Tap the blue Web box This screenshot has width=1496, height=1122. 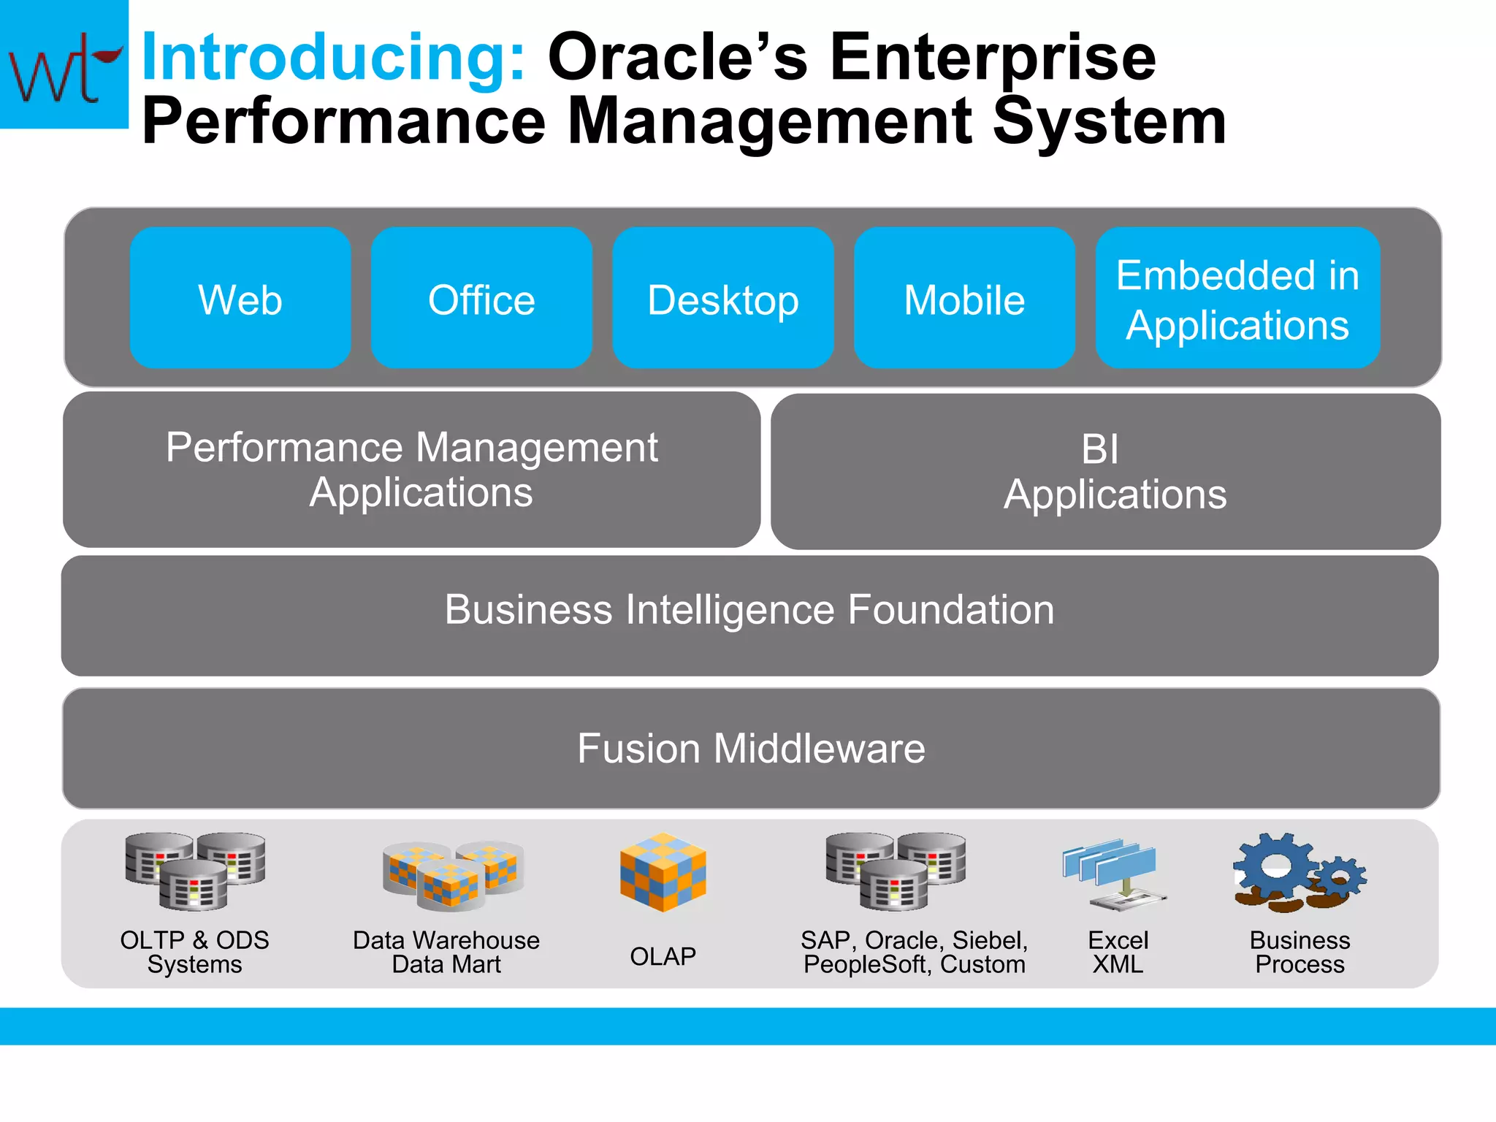(x=240, y=298)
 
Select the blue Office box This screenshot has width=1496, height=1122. (x=481, y=298)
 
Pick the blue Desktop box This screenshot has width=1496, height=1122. (x=723, y=298)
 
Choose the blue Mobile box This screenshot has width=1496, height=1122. (x=964, y=298)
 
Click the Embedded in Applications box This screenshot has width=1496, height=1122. (x=1237, y=298)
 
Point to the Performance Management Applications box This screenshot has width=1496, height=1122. (x=411, y=470)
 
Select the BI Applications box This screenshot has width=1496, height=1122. (x=1105, y=471)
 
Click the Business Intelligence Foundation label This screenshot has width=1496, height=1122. (x=749, y=609)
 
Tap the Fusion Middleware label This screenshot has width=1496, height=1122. (x=751, y=748)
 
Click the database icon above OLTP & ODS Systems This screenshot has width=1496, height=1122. (x=194, y=871)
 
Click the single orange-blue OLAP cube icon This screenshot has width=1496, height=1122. (x=663, y=872)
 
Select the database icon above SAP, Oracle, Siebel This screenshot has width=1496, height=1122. (x=896, y=871)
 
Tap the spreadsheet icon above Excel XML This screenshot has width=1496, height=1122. (x=1115, y=874)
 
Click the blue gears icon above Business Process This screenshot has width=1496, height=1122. (x=1299, y=872)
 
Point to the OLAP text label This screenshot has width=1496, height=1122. (x=663, y=955)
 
